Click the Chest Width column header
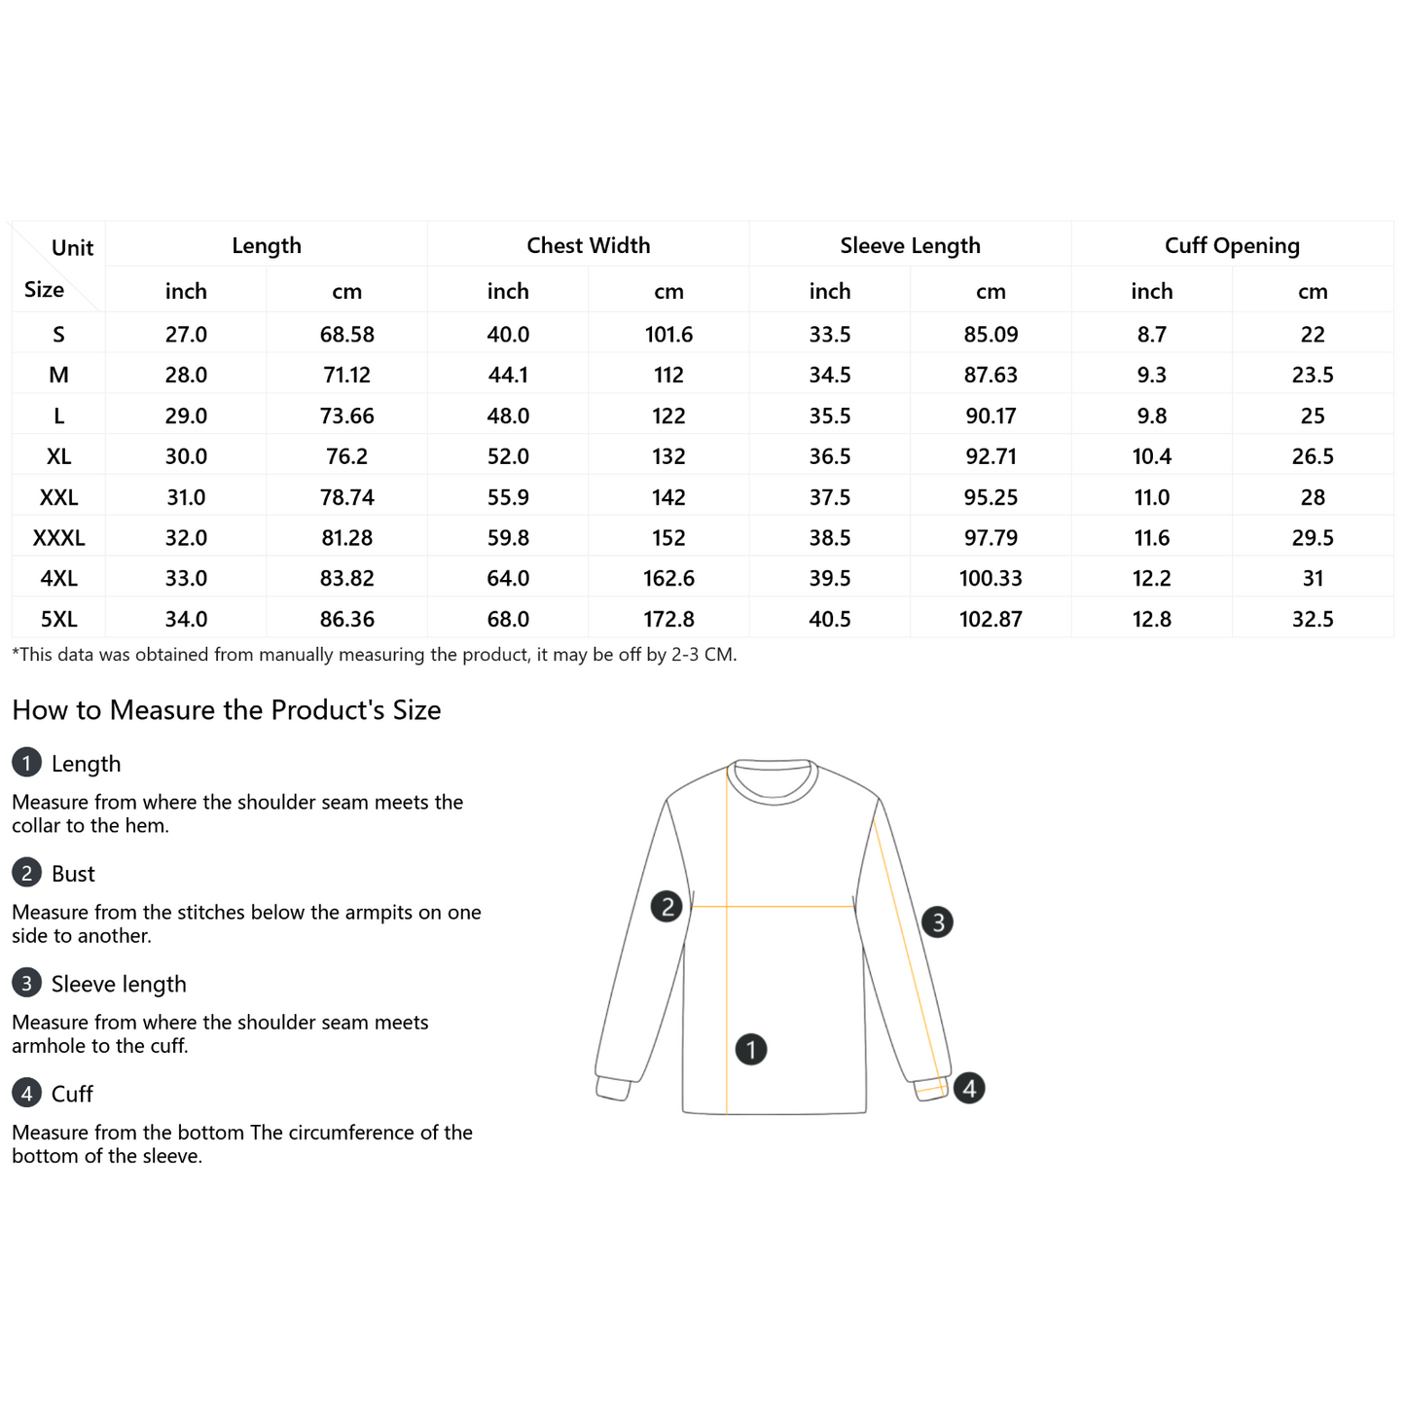pyautogui.click(x=588, y=245)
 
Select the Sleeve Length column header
pyautogui.click(x=910, y=245)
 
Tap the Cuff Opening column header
pyautogui.click(x=1232, y=245)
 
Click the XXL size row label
pyautogui.click(x=58, y=497)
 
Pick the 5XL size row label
pyautogui.click(x=58, y=619)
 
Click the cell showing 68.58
pyautogui.click(x=346, y=335)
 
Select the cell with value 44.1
pyautogui.click(x=508, y=375)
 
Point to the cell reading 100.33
pyautogui.click(x=991, y=578)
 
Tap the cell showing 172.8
pyautogui.click(x=668, y=619)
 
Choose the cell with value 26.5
pyautogui.click(x=1313, y=456)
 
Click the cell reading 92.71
pyautogui.click(x=991, y=456)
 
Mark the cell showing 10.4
pyautogui.click(x=1152, y=456)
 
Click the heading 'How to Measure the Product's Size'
pyautogui.click(x=227, y=710)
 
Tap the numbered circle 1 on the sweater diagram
pyautogui.click(x=751, y=1049)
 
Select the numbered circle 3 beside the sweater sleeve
pyautogui.click(x=937, y=921)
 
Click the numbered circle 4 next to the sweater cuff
pyautogui.click(x=969, y=1088)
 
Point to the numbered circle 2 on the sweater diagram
pyautogui.click(x=667, y=907)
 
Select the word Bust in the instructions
pyautogui.click(x=73, y=874)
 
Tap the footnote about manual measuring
pyautogui.click(x=375, y=655)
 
